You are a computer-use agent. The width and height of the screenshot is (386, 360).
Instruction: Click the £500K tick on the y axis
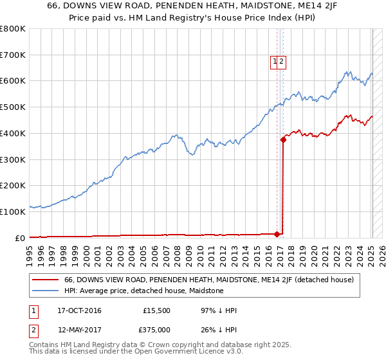[13, 107]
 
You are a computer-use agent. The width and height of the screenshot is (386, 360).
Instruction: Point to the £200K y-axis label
[13, 185]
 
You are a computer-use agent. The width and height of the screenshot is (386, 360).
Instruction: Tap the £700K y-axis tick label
[13, 55]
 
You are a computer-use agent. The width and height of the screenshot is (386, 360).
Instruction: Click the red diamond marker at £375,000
[283, 139]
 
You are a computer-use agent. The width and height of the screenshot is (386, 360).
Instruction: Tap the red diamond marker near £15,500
[277, 233]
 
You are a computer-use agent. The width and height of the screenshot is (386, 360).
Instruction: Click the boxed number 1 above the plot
[275, 62]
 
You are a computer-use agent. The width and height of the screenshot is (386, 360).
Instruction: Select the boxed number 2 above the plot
[282, 62]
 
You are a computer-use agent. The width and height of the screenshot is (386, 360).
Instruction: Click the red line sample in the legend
[46, 280]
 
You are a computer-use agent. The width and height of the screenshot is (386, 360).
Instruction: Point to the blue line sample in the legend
[46, 291]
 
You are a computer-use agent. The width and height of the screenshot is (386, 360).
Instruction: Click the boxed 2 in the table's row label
[33, 330]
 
